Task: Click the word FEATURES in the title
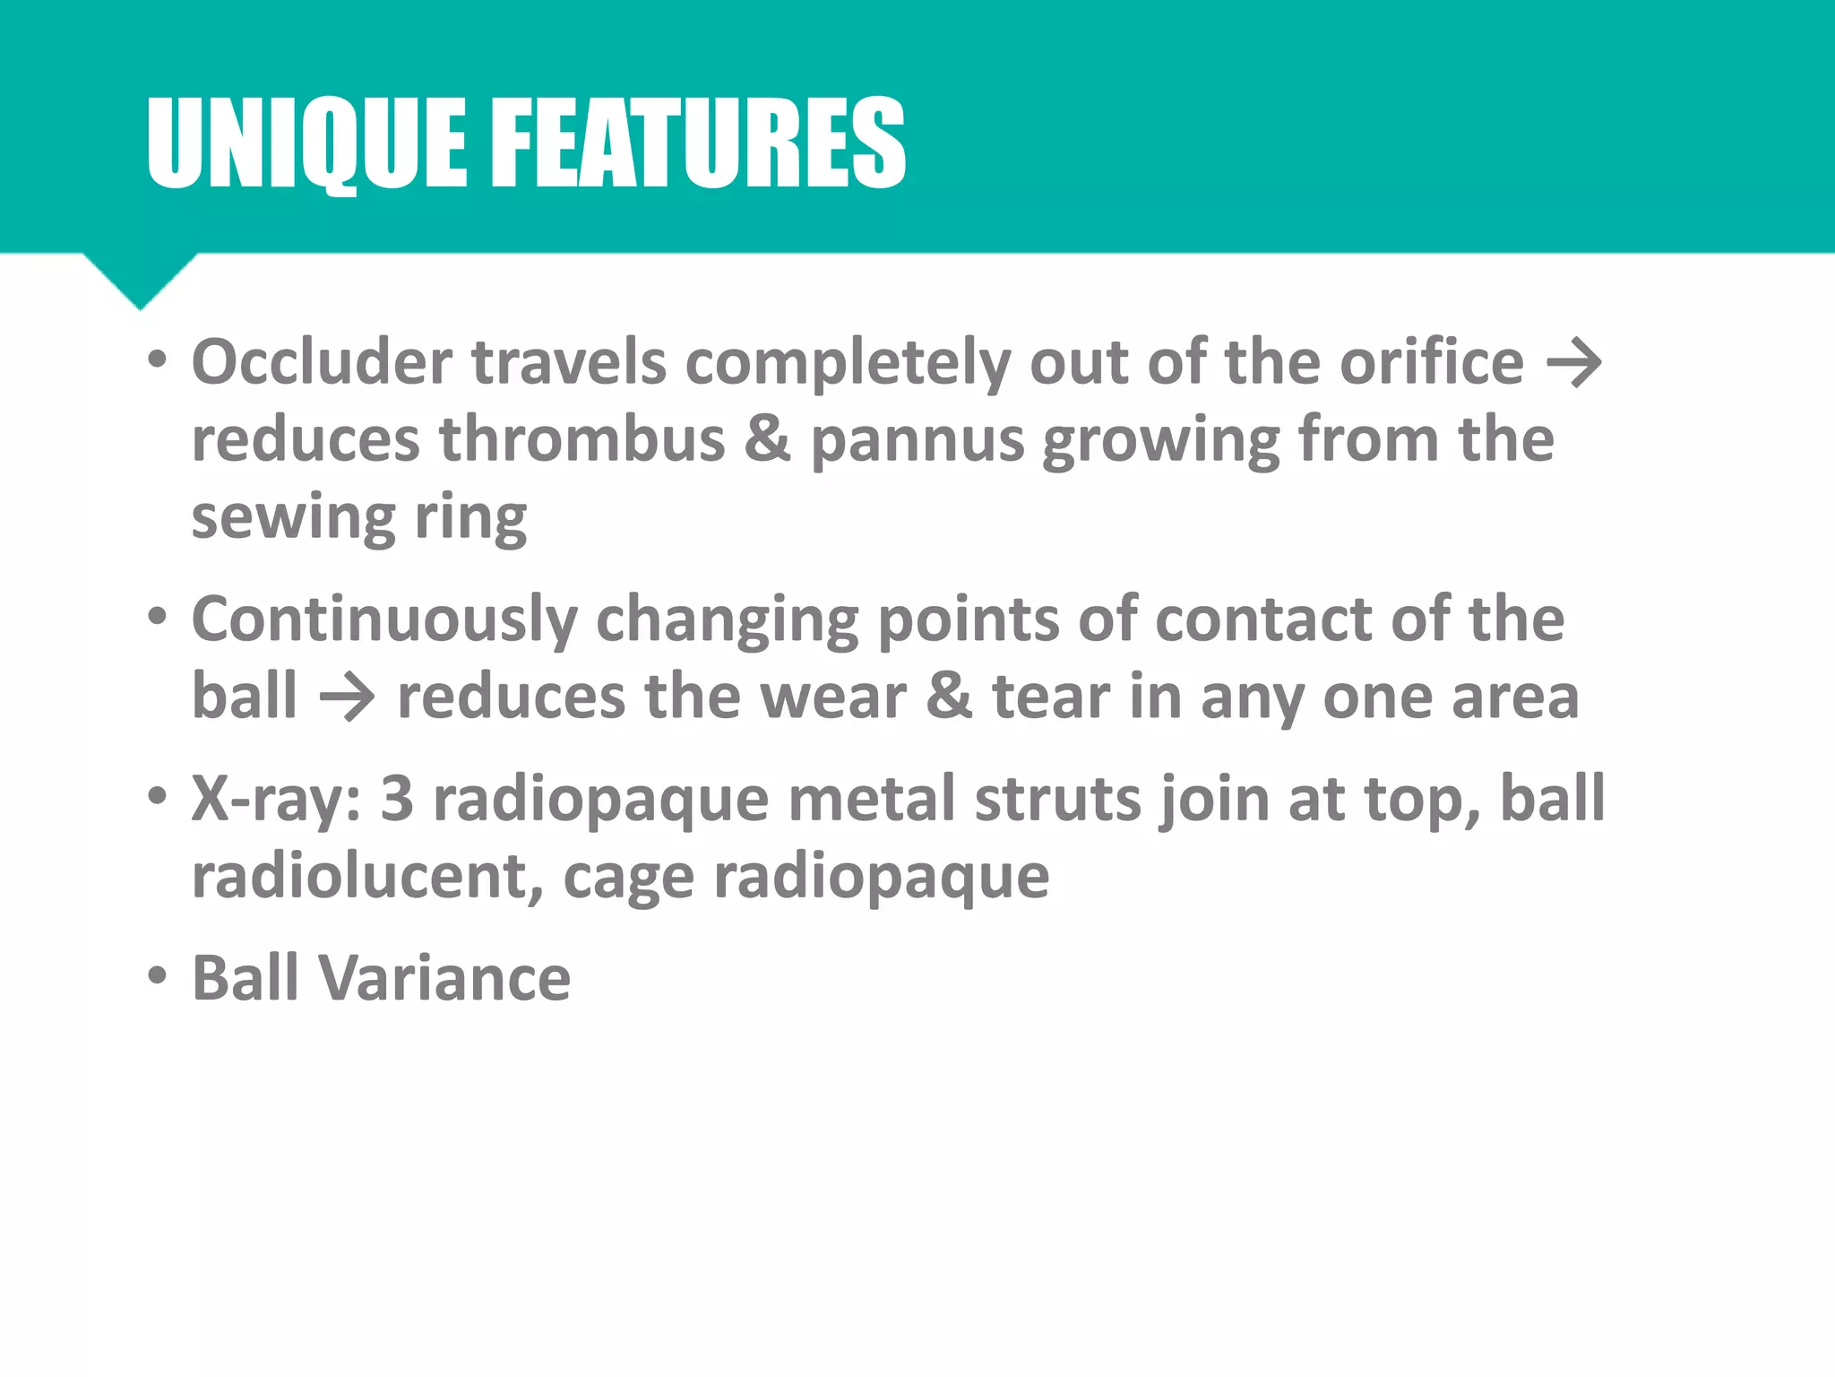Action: point(699,143)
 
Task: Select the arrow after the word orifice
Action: point(1574,364)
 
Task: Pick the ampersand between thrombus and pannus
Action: point(768,439)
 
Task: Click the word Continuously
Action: point(385,620)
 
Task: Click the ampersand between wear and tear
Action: point(949,697)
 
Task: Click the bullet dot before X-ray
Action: point(158,796)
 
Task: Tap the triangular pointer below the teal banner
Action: point(141,278)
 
